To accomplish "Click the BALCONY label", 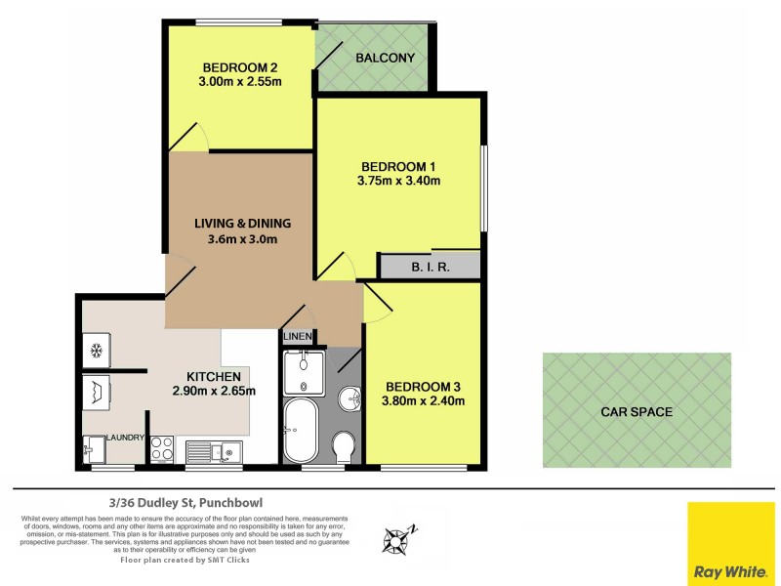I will tap(385, 58).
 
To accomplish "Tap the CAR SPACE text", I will tap(636, 411).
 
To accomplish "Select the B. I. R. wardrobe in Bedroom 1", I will tap(430, 267).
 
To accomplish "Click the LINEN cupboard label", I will tap(297, 337).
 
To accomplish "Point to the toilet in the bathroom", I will tap(344, 448).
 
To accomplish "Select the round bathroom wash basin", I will tap(349, 398).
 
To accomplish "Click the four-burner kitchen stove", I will tap(161, 450).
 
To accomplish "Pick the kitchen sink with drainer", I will tap(214, 450).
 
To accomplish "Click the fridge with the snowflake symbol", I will tap(98, 349).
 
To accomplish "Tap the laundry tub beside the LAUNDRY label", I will tap(95, 449).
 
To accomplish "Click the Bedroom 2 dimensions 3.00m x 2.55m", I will tap(241, 82).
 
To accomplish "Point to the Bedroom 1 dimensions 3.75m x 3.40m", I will tap(399, 180).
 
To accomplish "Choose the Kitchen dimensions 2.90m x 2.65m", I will tap(214, 391).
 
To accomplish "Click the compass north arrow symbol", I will tap(399, 535).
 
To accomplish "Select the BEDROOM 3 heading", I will tap(424, 385).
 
